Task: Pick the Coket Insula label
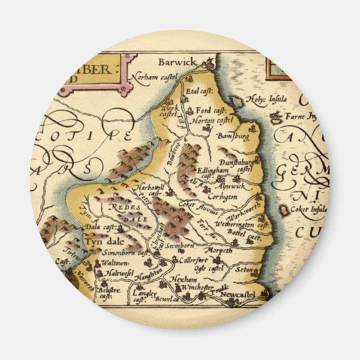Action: point(307,210)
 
